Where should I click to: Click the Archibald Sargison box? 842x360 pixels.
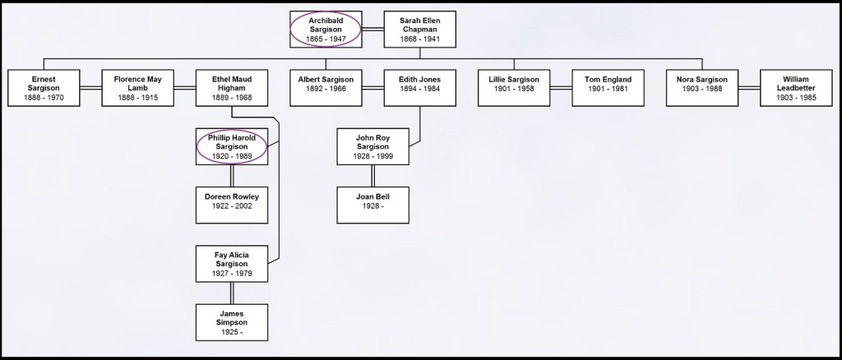326,29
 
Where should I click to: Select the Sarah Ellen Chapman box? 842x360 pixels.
420,29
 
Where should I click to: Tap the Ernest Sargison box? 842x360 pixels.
44,88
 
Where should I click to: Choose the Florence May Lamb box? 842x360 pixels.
137,88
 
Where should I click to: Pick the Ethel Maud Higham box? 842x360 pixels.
231,88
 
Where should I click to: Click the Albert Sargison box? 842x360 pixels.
326,88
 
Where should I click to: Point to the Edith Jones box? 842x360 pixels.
420,88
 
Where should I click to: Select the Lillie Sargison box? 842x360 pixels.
514,88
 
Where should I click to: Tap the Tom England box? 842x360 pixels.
608,88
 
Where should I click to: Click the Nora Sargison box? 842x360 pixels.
701,88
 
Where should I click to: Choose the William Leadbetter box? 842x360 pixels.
796,88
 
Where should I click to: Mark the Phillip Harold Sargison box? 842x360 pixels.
231,146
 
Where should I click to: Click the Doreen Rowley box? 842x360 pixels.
231,205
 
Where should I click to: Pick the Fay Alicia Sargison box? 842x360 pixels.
231,263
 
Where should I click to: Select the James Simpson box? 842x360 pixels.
231,322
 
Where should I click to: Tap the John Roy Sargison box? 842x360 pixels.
372,146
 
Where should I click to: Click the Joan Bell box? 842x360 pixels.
372,205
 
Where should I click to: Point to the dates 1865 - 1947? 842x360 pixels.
326,39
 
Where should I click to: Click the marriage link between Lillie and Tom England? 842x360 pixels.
561,88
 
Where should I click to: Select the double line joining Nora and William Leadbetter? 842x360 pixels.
748,88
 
